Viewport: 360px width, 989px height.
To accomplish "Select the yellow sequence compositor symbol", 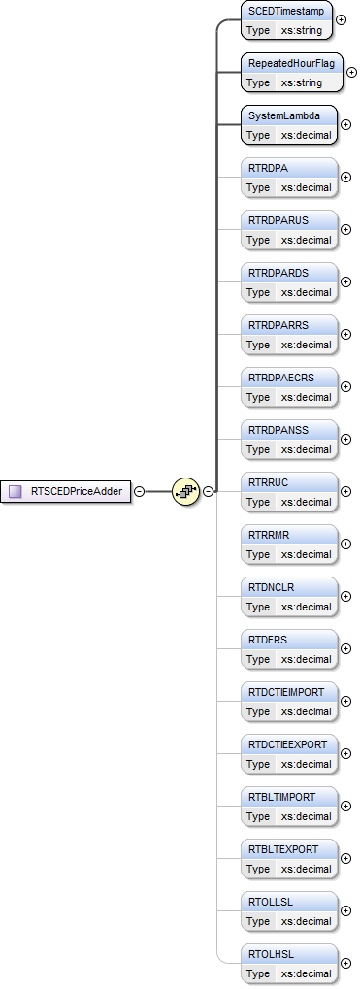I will click(185, 491).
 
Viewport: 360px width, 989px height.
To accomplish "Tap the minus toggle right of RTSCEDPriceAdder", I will click(139, 491).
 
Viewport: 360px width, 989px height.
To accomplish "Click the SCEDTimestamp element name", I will click(286, 12).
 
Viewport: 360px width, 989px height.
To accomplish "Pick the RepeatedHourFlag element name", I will click(290, 64).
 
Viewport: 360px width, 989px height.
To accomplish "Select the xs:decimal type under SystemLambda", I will click(306, 135).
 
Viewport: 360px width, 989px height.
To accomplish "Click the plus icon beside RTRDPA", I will click(346, 177).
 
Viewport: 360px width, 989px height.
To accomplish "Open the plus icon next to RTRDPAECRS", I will click(346, 386).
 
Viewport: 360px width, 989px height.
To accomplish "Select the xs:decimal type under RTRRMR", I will click(306, 554).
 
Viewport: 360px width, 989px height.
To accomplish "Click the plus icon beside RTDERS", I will click(346, 648).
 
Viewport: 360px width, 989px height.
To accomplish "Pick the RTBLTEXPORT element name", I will click(283, 850).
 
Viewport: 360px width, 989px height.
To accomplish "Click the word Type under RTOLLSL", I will click(258, 921).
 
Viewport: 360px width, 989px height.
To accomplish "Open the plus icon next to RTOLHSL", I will click(346, 963).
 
